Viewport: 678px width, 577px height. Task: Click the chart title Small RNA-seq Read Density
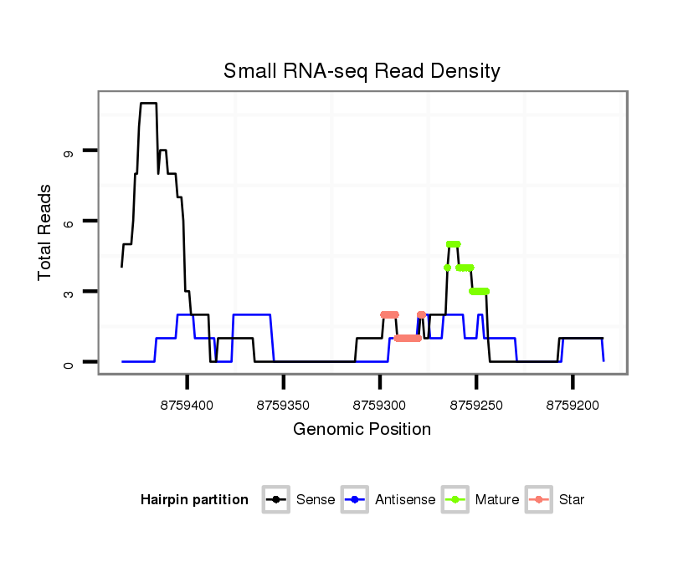pyautogui.click(x=362, y=71)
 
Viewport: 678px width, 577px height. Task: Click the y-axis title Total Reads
pyautogui.click(x=45, y=232)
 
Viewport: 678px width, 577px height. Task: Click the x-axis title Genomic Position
pyautogui.click(x=362, y=430)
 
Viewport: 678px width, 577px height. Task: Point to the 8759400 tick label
pyautogui.click(x=187, y=405)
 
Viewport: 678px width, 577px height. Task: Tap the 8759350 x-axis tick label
pyautogui.click(x=284, y=405)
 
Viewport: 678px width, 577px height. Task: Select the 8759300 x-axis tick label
pyautogui.click(x=380, y=405)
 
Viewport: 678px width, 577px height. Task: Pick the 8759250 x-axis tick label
pyautogui.click(x=476, y=405)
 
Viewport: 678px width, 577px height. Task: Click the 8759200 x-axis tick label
pyautogui.click(x=573, y=405)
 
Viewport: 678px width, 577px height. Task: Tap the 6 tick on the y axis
pyautogui.click(x=68, y=221)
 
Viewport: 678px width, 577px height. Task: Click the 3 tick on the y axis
pyautogui.click(x=68, y=292)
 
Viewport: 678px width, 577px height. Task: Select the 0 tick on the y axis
pyautogui.click(x=68, y=362)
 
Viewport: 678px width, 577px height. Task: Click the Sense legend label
pyautogui.click(x=316, y=500)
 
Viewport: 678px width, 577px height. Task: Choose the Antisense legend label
pyautogui.click(x=405, y=500)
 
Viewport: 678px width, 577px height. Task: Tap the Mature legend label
pyautogui.click(x=496, y=500)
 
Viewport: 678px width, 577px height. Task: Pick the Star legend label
pyautogui.click(x=573, y=500)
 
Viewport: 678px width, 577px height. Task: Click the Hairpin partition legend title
pyautogui.click(x=194, y=500)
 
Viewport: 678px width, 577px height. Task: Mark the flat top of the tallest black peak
pyautogui.click(x=148, y=104)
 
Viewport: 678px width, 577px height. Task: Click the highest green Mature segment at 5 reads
pyautogui.click(x=454, y=244)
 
